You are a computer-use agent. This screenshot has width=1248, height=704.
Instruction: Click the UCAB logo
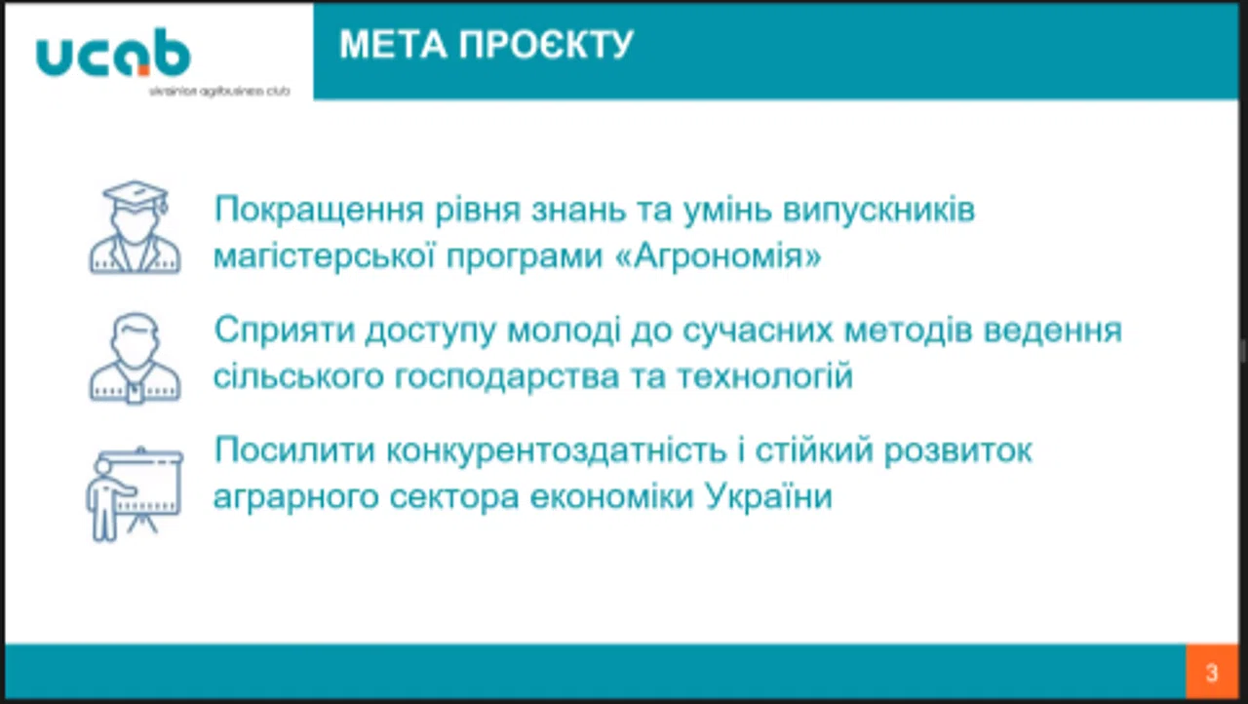coord(114,52)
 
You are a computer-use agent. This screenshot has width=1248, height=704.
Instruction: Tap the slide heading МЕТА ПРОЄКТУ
coord(487,44)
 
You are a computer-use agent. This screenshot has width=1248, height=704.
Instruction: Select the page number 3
coord(1212,673)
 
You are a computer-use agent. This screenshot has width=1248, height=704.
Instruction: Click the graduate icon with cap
coord(135,227)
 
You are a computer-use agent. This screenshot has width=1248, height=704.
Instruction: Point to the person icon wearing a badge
coord(135,359)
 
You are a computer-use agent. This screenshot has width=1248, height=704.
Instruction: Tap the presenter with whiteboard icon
coord(135,494)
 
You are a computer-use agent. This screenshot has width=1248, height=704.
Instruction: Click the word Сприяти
coord(285,331)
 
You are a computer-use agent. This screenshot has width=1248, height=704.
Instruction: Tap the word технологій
coord(765,376)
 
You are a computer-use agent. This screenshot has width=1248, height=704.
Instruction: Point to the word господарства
coord(507,376)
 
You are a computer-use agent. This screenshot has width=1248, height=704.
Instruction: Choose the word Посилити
coord(295,450)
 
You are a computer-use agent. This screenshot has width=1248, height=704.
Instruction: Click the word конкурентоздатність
coord(557,450)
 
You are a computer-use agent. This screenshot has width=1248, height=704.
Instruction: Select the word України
coord(768,495)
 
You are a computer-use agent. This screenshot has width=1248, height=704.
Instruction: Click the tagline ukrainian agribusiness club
coord(219,92)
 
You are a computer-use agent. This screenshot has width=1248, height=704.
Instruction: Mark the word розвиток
coord(958,451)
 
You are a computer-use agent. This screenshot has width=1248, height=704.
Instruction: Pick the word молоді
coord(564,331)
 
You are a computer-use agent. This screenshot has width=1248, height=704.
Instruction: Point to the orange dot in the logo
coord(143,70)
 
